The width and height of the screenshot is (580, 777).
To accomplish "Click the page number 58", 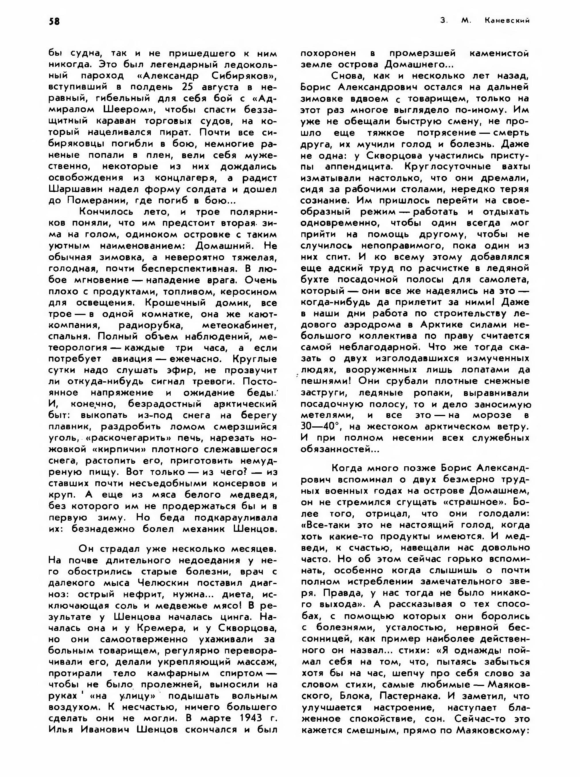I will coord(54,22).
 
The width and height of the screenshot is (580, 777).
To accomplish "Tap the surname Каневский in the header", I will coord(507,21).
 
